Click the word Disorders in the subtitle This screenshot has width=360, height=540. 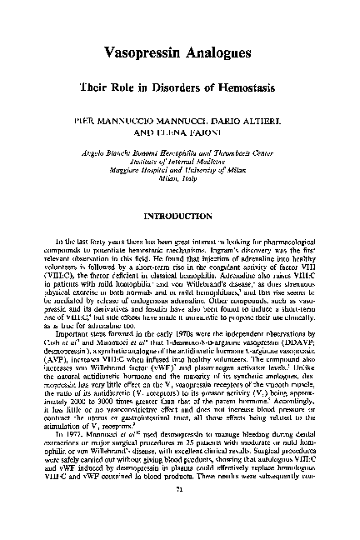tap(176, 87)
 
